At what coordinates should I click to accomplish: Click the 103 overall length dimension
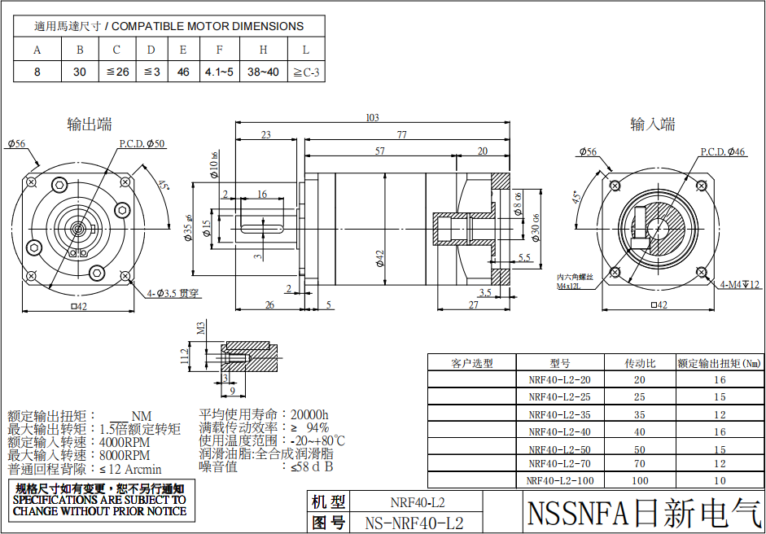372,118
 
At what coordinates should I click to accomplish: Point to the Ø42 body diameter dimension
379,258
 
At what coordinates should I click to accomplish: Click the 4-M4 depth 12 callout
739,285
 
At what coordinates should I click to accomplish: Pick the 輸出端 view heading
90,125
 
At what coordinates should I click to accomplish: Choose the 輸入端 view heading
652,125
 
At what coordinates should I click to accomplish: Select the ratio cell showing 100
640,481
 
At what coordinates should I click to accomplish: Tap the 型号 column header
559,364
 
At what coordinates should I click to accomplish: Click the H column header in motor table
263,50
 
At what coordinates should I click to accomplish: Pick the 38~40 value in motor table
263,72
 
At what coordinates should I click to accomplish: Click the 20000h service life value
309,415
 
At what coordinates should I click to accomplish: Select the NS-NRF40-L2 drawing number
415,523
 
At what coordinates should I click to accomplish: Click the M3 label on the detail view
201,329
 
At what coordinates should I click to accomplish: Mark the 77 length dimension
401,134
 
